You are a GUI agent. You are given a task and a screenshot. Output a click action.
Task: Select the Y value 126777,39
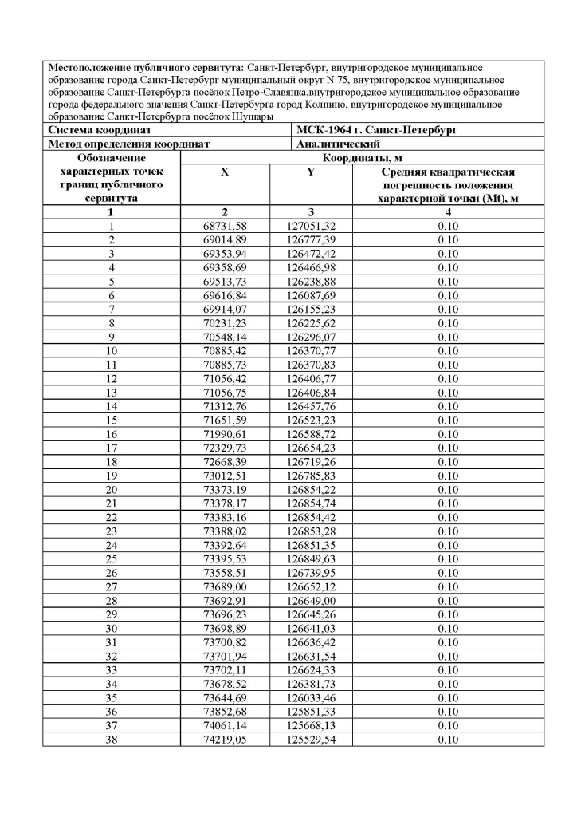point(312,239)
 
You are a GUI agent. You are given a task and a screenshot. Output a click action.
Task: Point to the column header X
point(225,172)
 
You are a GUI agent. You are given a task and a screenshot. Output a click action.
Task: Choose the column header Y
point(312,172)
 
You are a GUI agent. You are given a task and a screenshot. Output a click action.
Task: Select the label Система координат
point(100,129)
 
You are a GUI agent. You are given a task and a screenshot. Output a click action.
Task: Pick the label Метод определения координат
point(129,144)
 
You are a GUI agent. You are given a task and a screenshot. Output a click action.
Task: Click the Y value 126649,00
point(312,600)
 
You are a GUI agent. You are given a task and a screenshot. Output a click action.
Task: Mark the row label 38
point(111,739)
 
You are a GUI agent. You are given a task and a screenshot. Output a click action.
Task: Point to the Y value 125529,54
point(312,739)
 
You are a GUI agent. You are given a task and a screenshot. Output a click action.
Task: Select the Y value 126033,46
point(312,697)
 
